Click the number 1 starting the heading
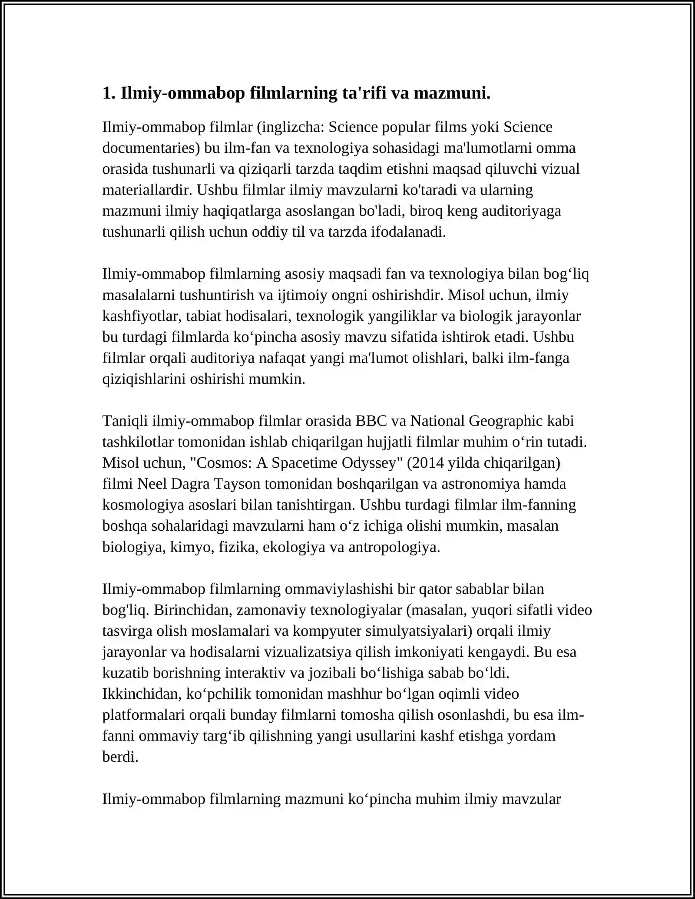coord(107,93)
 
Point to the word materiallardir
coord(146,190)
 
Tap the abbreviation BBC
coord(371,421)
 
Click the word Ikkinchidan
coord(141,694)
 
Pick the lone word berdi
coord(120,757)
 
